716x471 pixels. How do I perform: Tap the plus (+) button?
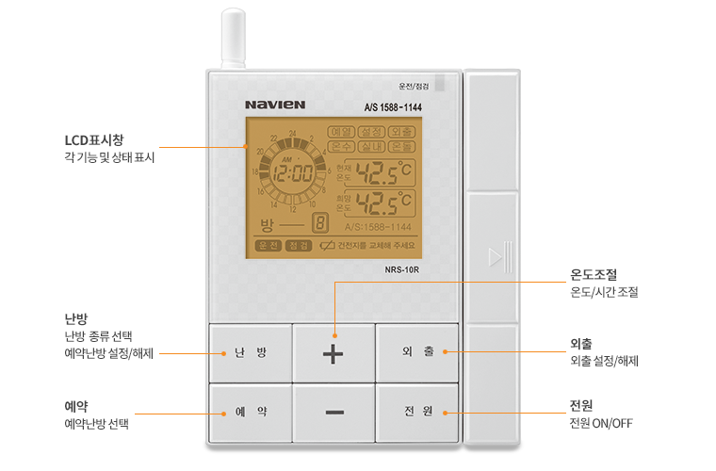coord(334,354)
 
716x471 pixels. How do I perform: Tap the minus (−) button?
coord(334,413)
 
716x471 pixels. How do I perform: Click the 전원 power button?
coord(417,413)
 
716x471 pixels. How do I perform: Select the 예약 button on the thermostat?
coord(251,413)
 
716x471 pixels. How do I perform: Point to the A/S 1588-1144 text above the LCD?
coord(393,107)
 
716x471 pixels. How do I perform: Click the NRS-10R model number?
coord(401,268)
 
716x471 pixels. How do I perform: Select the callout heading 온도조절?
coord(594,275)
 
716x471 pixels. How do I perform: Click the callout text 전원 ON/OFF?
coord(601,423)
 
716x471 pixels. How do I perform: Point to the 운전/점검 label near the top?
coord(414,86)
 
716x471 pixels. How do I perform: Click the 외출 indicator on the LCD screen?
coord(401,132)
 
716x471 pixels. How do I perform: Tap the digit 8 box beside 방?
coord(320,223)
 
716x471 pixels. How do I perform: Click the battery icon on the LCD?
coord(327,246)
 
